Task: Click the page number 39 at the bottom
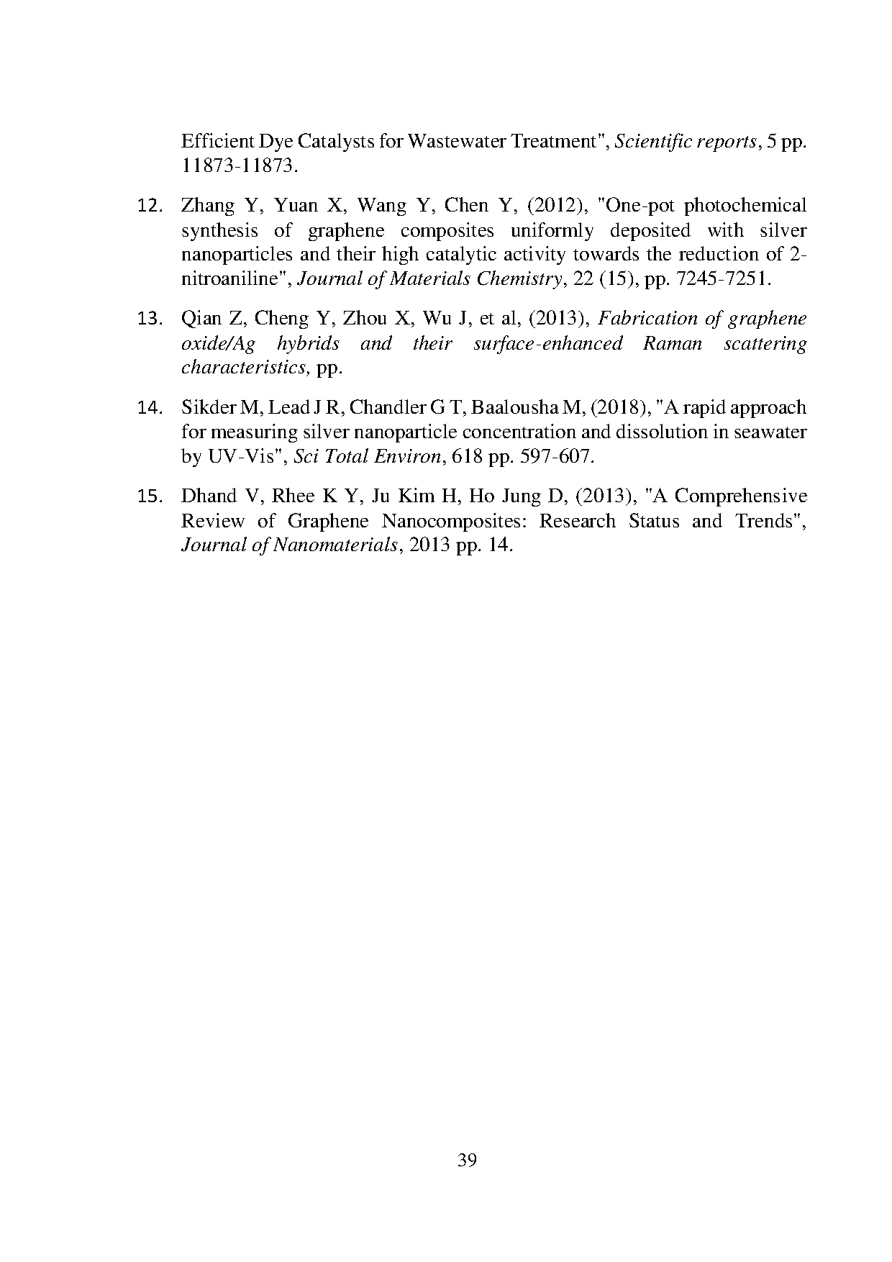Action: [x=467, y=1161]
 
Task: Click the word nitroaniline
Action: [x=233, y=280]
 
